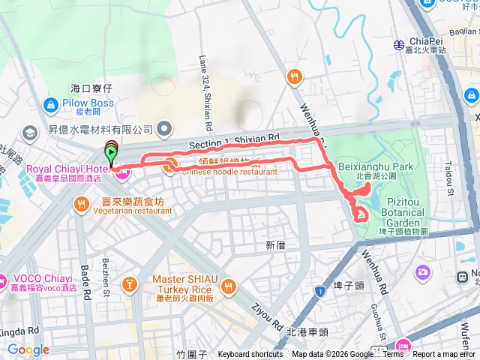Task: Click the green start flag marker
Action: coord(112,154)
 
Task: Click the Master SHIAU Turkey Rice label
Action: coord(184,280)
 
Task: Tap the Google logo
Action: coord(28,349)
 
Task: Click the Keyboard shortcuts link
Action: coord(250,355)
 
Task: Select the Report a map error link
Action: coord(444,355)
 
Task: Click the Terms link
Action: coord(393,355)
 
